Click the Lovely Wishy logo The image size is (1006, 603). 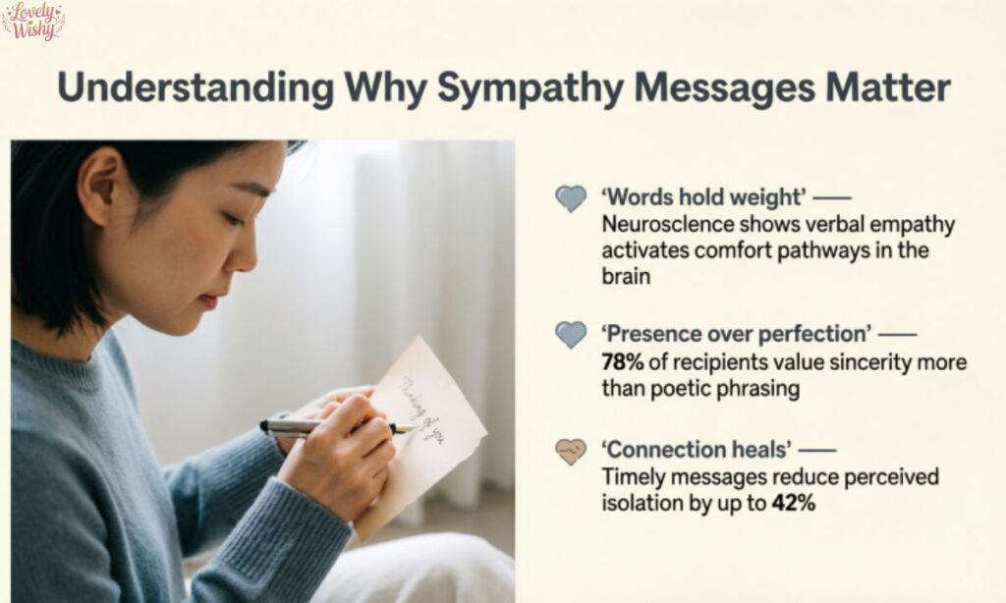pyautogui.click(x=32, y=20)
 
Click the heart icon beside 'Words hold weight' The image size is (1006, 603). pyautogui.click(x=570, y=198)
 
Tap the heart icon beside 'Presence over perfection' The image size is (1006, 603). pyautogui.click(x=570, y=334)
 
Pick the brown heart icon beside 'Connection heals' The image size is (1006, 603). pyautogui.click(x=570, y=451)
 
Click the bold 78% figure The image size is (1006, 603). pyautogui.click(x=623, y=362)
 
